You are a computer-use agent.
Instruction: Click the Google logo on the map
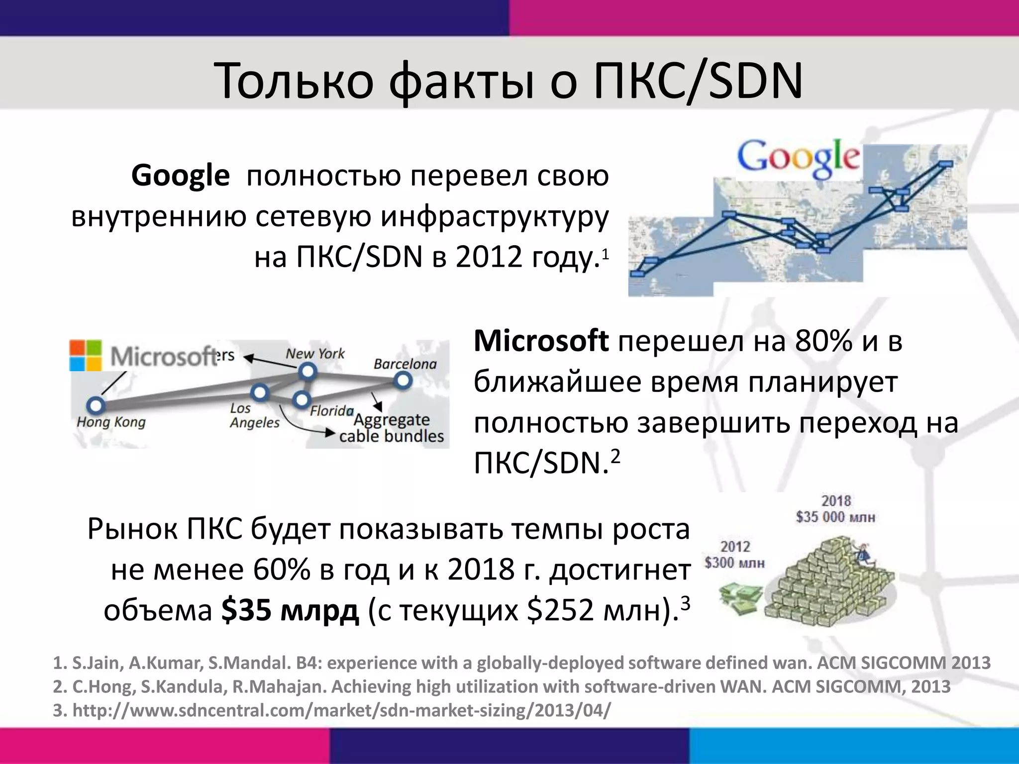tap(798, 158)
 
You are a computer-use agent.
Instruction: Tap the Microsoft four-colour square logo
tap(86, 355)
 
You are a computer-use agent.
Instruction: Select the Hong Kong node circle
tap(95, 405)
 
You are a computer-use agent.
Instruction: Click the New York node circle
tap(308, 371)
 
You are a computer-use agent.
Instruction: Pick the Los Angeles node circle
tap(260, 392)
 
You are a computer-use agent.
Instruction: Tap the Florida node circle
tap(301, 399)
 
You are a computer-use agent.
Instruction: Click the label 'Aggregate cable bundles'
tap(391, 428)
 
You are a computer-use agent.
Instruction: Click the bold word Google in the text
tap(180, 176)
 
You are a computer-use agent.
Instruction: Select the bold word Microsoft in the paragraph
tap(541, 341)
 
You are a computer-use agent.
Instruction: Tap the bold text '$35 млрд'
tap(290, 610)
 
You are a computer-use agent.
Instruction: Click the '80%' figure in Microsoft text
tap(823, 341)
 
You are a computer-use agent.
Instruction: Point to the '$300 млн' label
tap(734, 563)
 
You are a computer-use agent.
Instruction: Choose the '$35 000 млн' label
tap(835, 517)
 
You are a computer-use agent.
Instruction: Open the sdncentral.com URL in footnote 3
tap(341, 710)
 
